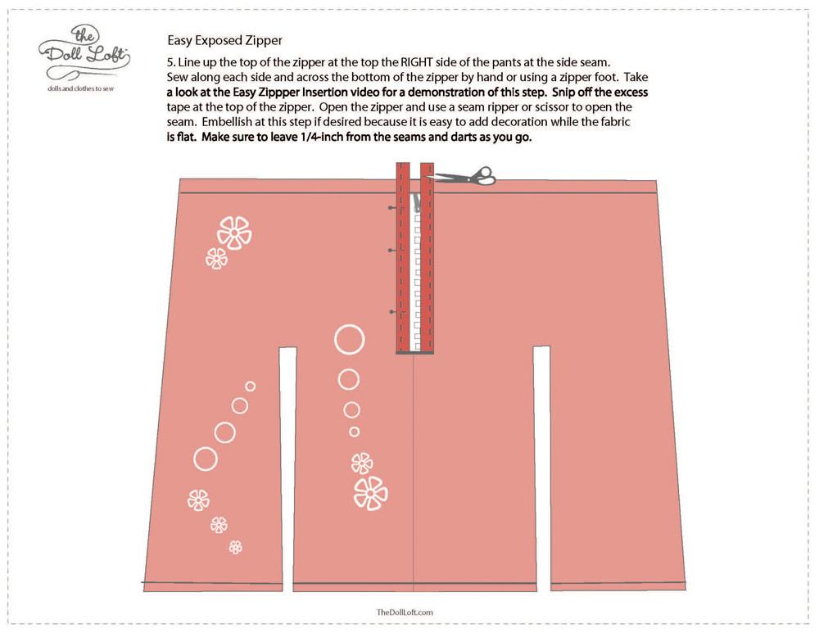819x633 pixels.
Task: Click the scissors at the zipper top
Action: tap(465, 177)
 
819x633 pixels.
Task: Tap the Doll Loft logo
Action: tap(84, 52)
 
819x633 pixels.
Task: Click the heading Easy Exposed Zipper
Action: tap(224, 40)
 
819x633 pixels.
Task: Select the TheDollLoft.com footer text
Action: tap(405, 612)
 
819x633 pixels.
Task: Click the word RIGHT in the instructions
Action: tap(417, 62)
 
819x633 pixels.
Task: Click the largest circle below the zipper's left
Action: tap(350, 340)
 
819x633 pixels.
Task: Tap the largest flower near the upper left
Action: tap(234, 233)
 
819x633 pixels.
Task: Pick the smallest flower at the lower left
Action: tap(236, 547)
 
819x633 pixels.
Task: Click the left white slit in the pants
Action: tap(287, 469)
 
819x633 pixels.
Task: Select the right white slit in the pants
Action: tap(541, 469)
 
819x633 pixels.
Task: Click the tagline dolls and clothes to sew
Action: tap(80, 88)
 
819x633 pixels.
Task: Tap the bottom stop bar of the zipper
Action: tap(414, 353)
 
